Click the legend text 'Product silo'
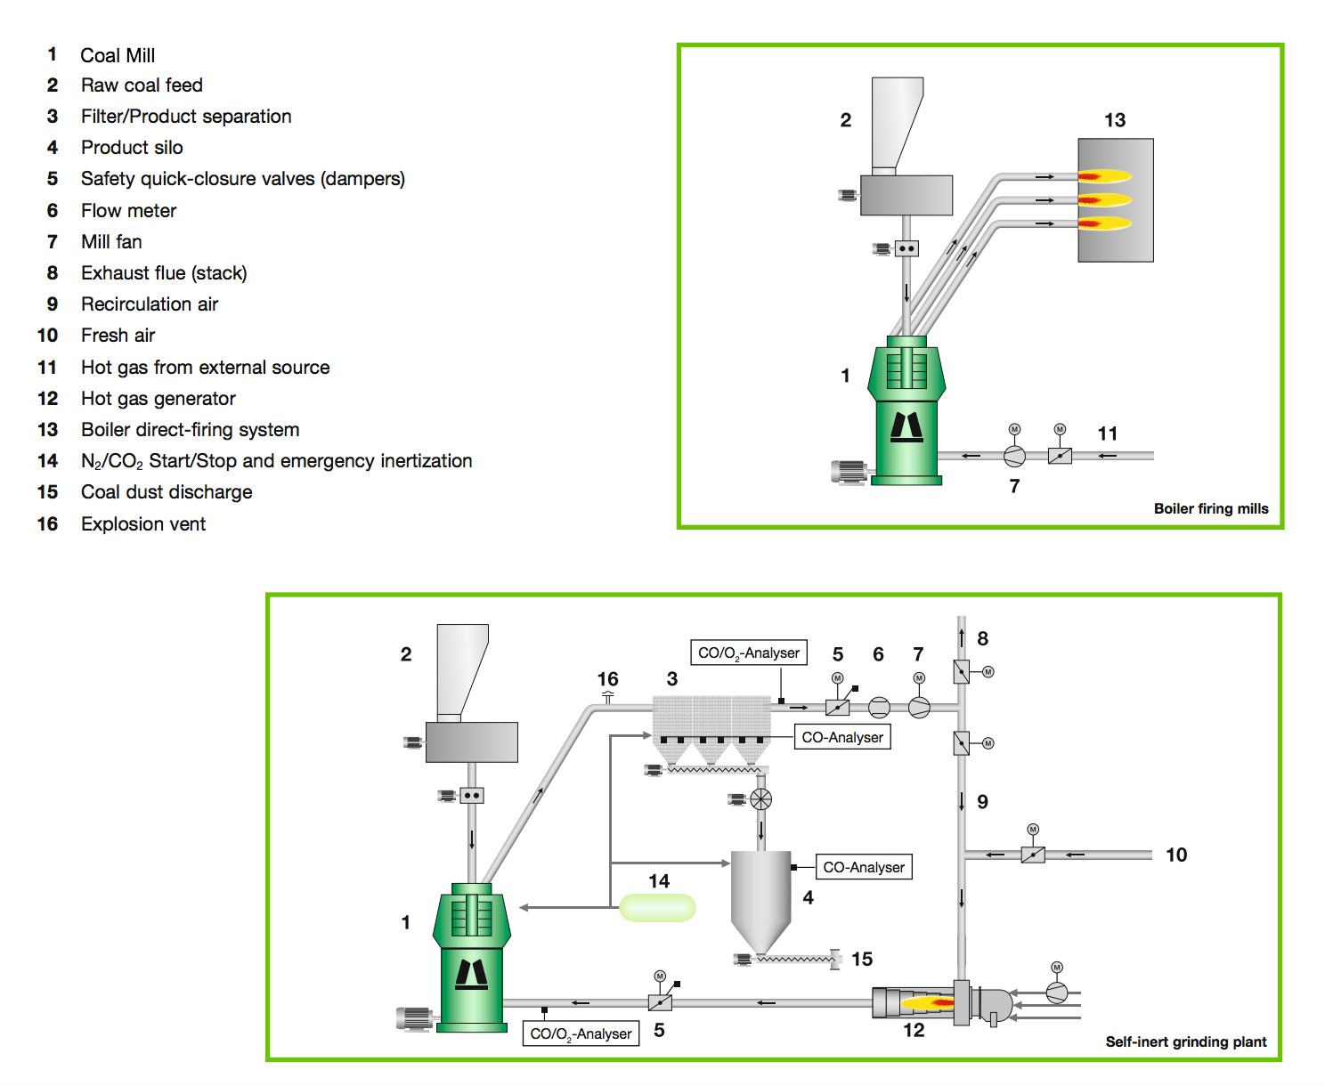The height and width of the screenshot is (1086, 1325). (132, 148)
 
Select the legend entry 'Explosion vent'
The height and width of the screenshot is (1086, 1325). (142, 524)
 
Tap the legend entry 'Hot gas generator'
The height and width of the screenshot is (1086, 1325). (158, 399)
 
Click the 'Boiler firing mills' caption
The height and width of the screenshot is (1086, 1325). (1210, 509)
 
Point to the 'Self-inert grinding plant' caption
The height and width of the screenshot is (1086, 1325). (1185, 1041)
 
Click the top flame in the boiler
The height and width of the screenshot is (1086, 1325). (1104, 176)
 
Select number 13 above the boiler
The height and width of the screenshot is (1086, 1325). (1115, 120)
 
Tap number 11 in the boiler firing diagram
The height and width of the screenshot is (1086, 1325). (1107, 434)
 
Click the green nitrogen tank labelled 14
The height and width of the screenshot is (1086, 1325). (657, 907)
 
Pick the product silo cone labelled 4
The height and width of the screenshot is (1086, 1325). (760, 899)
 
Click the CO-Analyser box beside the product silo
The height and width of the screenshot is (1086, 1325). (863, 867)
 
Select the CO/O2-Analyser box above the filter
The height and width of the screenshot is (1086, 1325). (748, 652)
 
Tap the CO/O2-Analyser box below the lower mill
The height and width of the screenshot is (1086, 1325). (580, 1033)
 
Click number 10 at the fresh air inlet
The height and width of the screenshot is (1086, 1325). (1175, 855)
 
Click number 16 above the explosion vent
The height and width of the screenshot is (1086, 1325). (607, 679)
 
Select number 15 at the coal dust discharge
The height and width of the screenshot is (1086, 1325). (861, 960)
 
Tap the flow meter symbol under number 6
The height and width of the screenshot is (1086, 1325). (879, 708)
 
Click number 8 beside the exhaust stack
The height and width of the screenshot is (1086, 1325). (982, 638)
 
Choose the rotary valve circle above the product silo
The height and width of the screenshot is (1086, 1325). (760, 799)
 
